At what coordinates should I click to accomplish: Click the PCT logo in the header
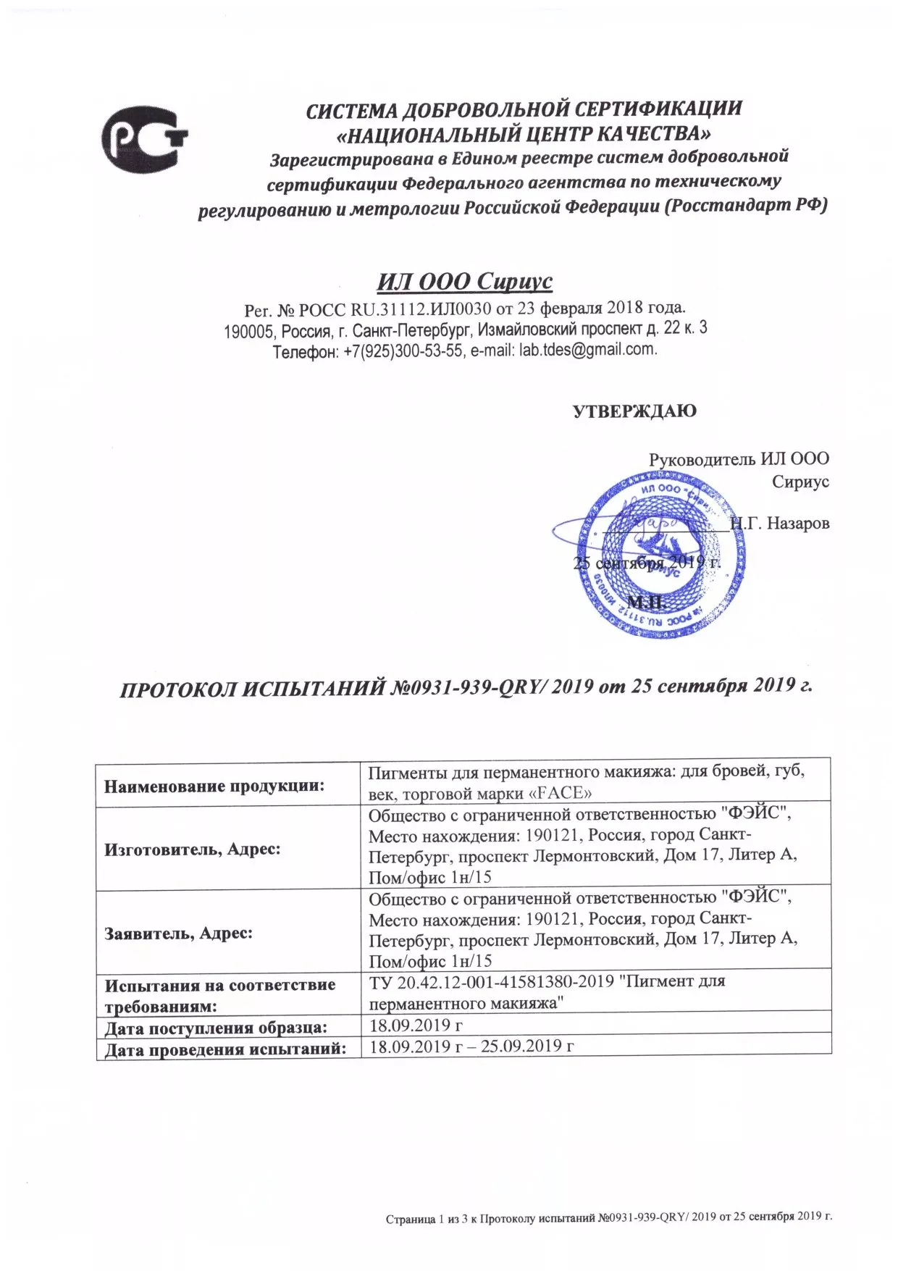click(x=143, y=138)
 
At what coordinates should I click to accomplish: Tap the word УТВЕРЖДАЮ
click(x=634, y=411)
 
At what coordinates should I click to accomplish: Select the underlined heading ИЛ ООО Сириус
click(x=464, y=281)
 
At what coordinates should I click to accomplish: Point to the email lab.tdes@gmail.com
click(x=587, y=349)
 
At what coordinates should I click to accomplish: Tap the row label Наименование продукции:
click(x=214, y=786)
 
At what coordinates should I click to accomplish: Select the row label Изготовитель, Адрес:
click(x=193, y=849)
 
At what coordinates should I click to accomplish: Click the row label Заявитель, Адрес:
click(x=179, y=933)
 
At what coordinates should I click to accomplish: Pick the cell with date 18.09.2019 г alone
click(x=416, y=1025)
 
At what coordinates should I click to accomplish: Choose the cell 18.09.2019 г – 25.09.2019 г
click(x=471, y=1046)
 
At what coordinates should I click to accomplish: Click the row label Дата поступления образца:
click(x=216, y=1027)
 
